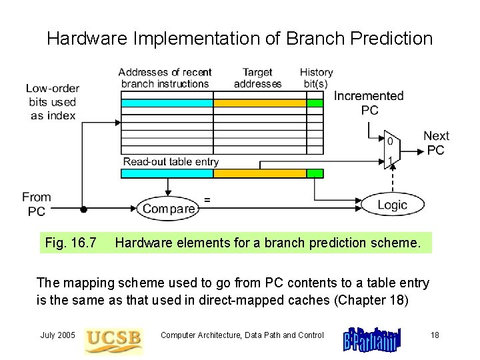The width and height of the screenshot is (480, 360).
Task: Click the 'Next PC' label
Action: click(436, 143)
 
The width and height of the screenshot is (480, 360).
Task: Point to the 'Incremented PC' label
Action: click(369, 103)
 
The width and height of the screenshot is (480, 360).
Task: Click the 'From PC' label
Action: click(36, 204)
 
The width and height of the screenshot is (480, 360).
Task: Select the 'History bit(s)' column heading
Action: click(316, 78)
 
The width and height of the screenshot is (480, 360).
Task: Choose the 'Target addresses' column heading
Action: click(257, 78)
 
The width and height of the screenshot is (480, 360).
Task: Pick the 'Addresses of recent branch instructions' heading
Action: click(165, 78)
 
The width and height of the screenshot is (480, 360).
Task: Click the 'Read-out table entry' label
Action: click(171, 162)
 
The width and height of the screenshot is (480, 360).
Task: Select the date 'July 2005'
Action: click(57, 335)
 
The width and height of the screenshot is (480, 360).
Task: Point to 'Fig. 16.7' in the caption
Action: click(71, 243)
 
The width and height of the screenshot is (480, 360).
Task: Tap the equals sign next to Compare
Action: click(207, 199)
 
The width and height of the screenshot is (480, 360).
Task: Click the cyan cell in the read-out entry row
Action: click(167, 173)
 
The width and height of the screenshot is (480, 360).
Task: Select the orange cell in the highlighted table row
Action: click(259, 103)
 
